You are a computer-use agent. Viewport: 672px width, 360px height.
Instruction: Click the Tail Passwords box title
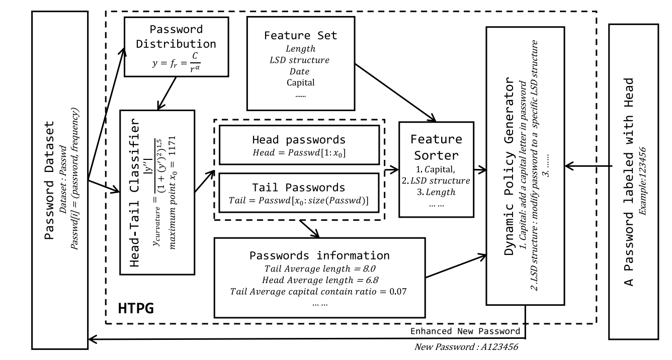coord(299,188)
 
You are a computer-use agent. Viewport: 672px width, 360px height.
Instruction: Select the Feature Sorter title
coord(436,145)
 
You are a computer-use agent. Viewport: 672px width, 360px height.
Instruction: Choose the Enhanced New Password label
coord(465,331)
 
